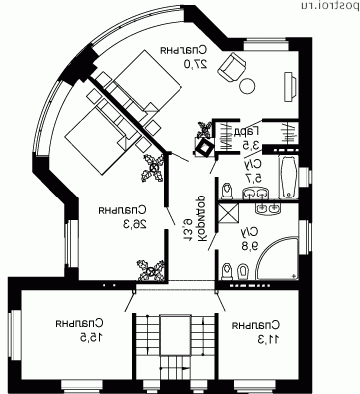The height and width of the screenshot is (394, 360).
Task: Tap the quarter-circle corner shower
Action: point(277,261)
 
